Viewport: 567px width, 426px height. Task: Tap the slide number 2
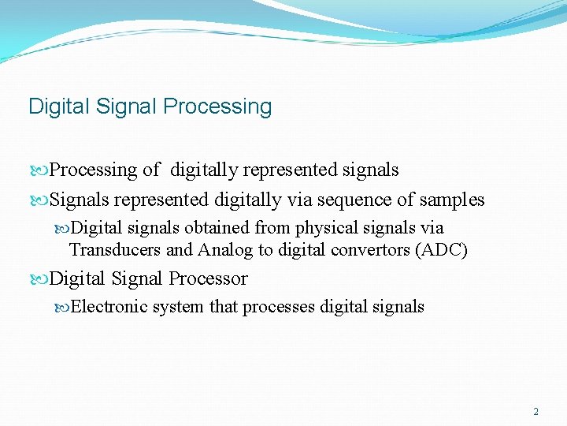(x=535, y=412)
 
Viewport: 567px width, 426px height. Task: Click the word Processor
(x=207, y=278)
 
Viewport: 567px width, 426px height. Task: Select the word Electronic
(x=109, y=307)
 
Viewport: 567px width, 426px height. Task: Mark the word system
(x=179, y=307)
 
